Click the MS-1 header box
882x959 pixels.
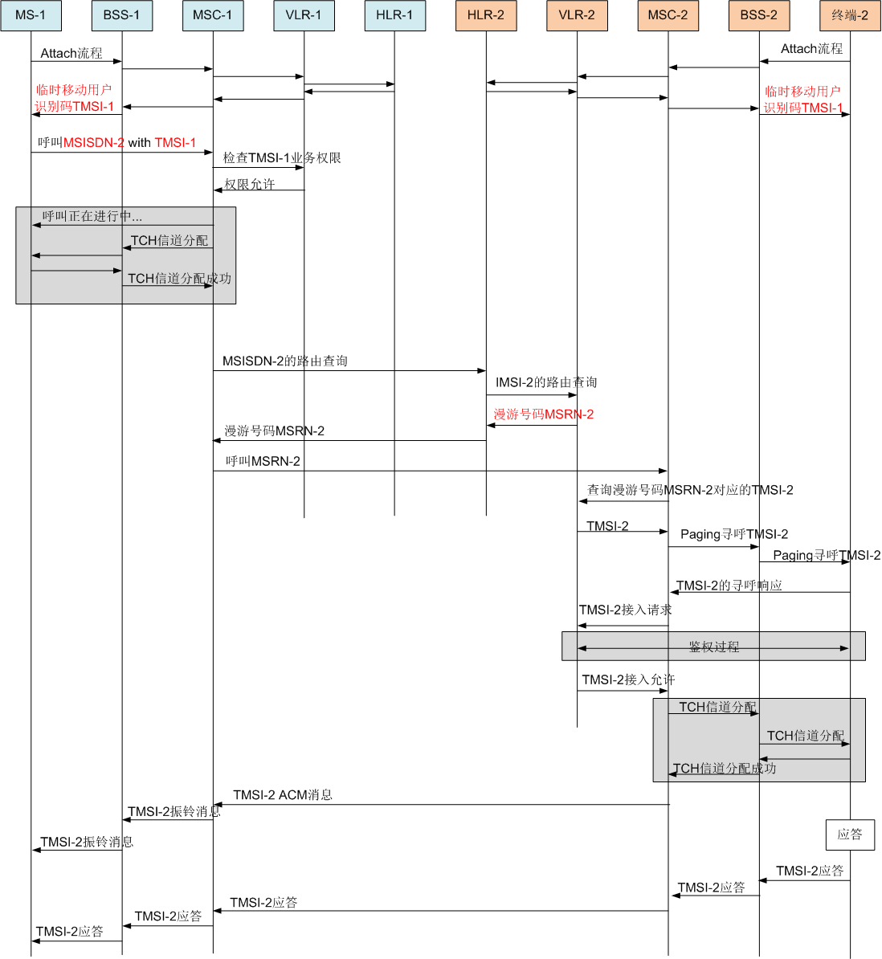click(x=31, y=15)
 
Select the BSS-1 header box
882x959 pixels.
click(x=121, y=15)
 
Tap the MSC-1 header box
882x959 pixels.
click(x=213, y=15)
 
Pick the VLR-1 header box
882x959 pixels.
click(x=304, y=15)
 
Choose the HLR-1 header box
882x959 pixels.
click(x=394, y=15)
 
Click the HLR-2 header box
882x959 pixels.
click(x=486, y=15)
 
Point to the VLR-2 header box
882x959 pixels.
click(x=577, y=15)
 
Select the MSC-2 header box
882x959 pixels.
click(x=668, y=15)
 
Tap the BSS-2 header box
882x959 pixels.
click(x=759, y=15)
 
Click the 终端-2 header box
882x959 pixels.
click(x=850, y=15)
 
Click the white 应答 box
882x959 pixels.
click(x=850, y=835)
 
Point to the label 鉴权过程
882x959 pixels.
click(x=713, y=647)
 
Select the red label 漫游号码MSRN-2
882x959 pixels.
click(x=544, y=414)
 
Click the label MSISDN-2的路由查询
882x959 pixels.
click(x=285, y=361)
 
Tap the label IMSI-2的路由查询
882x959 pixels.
click(x=546, y=382)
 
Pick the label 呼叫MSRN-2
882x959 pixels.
click(x=263, y=461)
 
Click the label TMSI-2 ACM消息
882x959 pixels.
click(x=283, y=795)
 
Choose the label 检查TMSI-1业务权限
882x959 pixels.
click(x=282, y=158)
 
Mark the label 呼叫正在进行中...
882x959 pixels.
click(x=92, y=217)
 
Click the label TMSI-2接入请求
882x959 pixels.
click(x=626, y=610)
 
